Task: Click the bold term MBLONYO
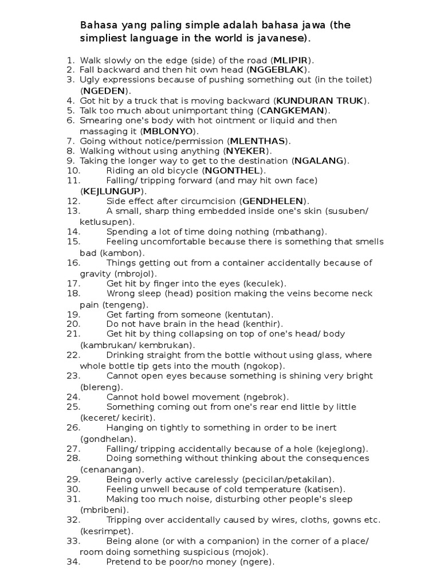click(170, 131)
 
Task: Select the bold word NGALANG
click(320, 161)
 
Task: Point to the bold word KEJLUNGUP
click(113, 190)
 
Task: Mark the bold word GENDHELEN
click(274, 201)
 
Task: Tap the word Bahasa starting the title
click(96, 26)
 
